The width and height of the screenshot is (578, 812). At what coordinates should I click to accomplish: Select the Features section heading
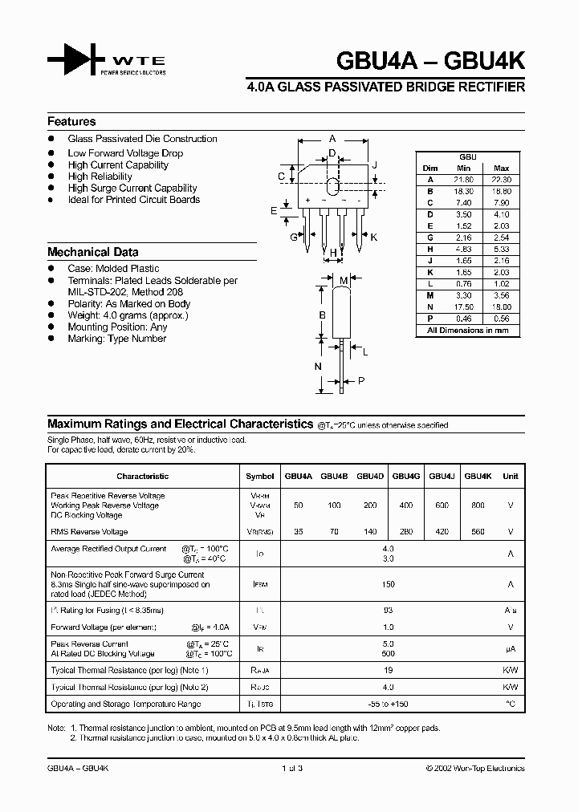tap(71, 122)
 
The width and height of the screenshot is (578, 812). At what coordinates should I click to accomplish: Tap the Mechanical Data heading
tap(92, 252)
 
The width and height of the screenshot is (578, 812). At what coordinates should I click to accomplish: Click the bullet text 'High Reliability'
tap(100, 177)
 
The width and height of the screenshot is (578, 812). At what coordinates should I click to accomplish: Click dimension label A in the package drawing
tap(332, 138)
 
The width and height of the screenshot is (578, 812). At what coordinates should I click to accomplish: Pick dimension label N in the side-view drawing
tap(318, 367)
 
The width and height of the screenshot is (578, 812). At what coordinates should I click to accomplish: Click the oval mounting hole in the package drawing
tap(332, 175)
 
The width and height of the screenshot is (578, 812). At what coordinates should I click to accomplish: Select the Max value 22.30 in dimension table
tap(501, 180)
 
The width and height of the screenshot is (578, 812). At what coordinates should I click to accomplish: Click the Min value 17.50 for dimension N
tap(463, 307)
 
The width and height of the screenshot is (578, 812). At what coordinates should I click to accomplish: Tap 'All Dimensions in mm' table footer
tap(467, 330)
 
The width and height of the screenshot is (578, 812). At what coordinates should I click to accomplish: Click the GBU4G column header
tap(405, 476)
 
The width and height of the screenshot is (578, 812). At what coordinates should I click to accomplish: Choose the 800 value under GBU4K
tap(478, 505)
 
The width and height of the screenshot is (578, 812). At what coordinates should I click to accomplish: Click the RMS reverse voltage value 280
tap(405, 532)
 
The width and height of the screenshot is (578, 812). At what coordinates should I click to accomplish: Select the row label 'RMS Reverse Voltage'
tap(88, 532)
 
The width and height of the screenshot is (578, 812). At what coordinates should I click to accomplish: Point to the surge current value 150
tap(389, 586)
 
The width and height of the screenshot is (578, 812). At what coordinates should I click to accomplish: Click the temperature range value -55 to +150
tap(389, 704)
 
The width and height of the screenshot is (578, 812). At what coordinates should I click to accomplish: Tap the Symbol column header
tap(259, 476)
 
